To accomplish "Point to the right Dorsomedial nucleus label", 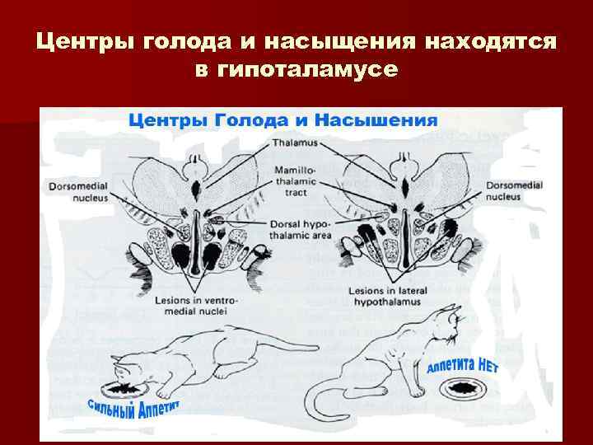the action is pos(513,191).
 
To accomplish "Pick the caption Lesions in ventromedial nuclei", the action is pos(194,307).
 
